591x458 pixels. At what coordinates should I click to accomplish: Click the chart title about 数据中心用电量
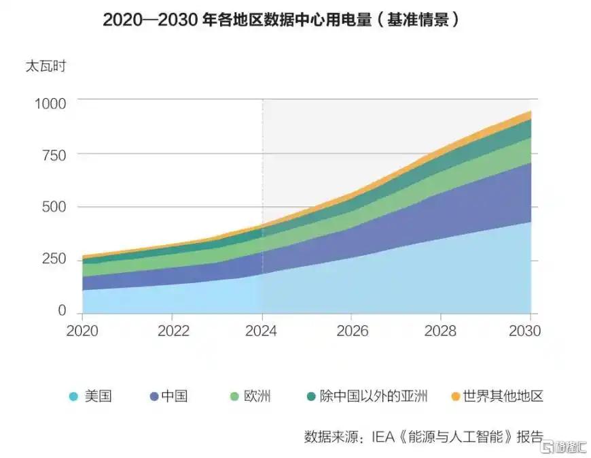(x=281, y=20)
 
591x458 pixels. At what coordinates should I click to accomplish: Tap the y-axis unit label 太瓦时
(x=46, y=66)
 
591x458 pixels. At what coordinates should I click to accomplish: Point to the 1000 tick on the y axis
(x=50, y=103)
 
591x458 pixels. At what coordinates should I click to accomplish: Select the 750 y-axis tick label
(x=54, y=155)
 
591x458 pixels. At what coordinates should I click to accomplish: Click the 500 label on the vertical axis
(x=54, y=207)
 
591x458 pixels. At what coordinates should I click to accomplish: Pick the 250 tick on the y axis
(x=54, y=259)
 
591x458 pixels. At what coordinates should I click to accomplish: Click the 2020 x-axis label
(x=82, y=331)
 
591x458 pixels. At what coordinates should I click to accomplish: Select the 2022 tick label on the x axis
(x=173, y=331)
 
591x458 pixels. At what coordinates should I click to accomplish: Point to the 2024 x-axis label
(x=261, y=331)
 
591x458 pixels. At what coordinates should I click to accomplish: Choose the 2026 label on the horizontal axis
(x=352, y=331)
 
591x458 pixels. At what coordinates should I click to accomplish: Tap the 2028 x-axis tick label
(x=440, y=331)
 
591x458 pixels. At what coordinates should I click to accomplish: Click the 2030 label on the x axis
(x=524, y=331)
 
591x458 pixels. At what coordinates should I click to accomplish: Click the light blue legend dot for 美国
(x=73, y=397)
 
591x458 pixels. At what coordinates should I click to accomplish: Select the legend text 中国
(x=174, y=395)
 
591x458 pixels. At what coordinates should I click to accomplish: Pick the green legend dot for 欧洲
(x=234, y=397)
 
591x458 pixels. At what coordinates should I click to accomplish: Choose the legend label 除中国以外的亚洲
(x=374, y=395)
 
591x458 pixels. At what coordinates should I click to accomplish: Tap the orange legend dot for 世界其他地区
(x=456, y=397)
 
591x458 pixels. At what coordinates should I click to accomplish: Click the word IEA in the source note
(x=383, y=437)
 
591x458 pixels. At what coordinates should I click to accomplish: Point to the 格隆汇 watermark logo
(x=563, y=446)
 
